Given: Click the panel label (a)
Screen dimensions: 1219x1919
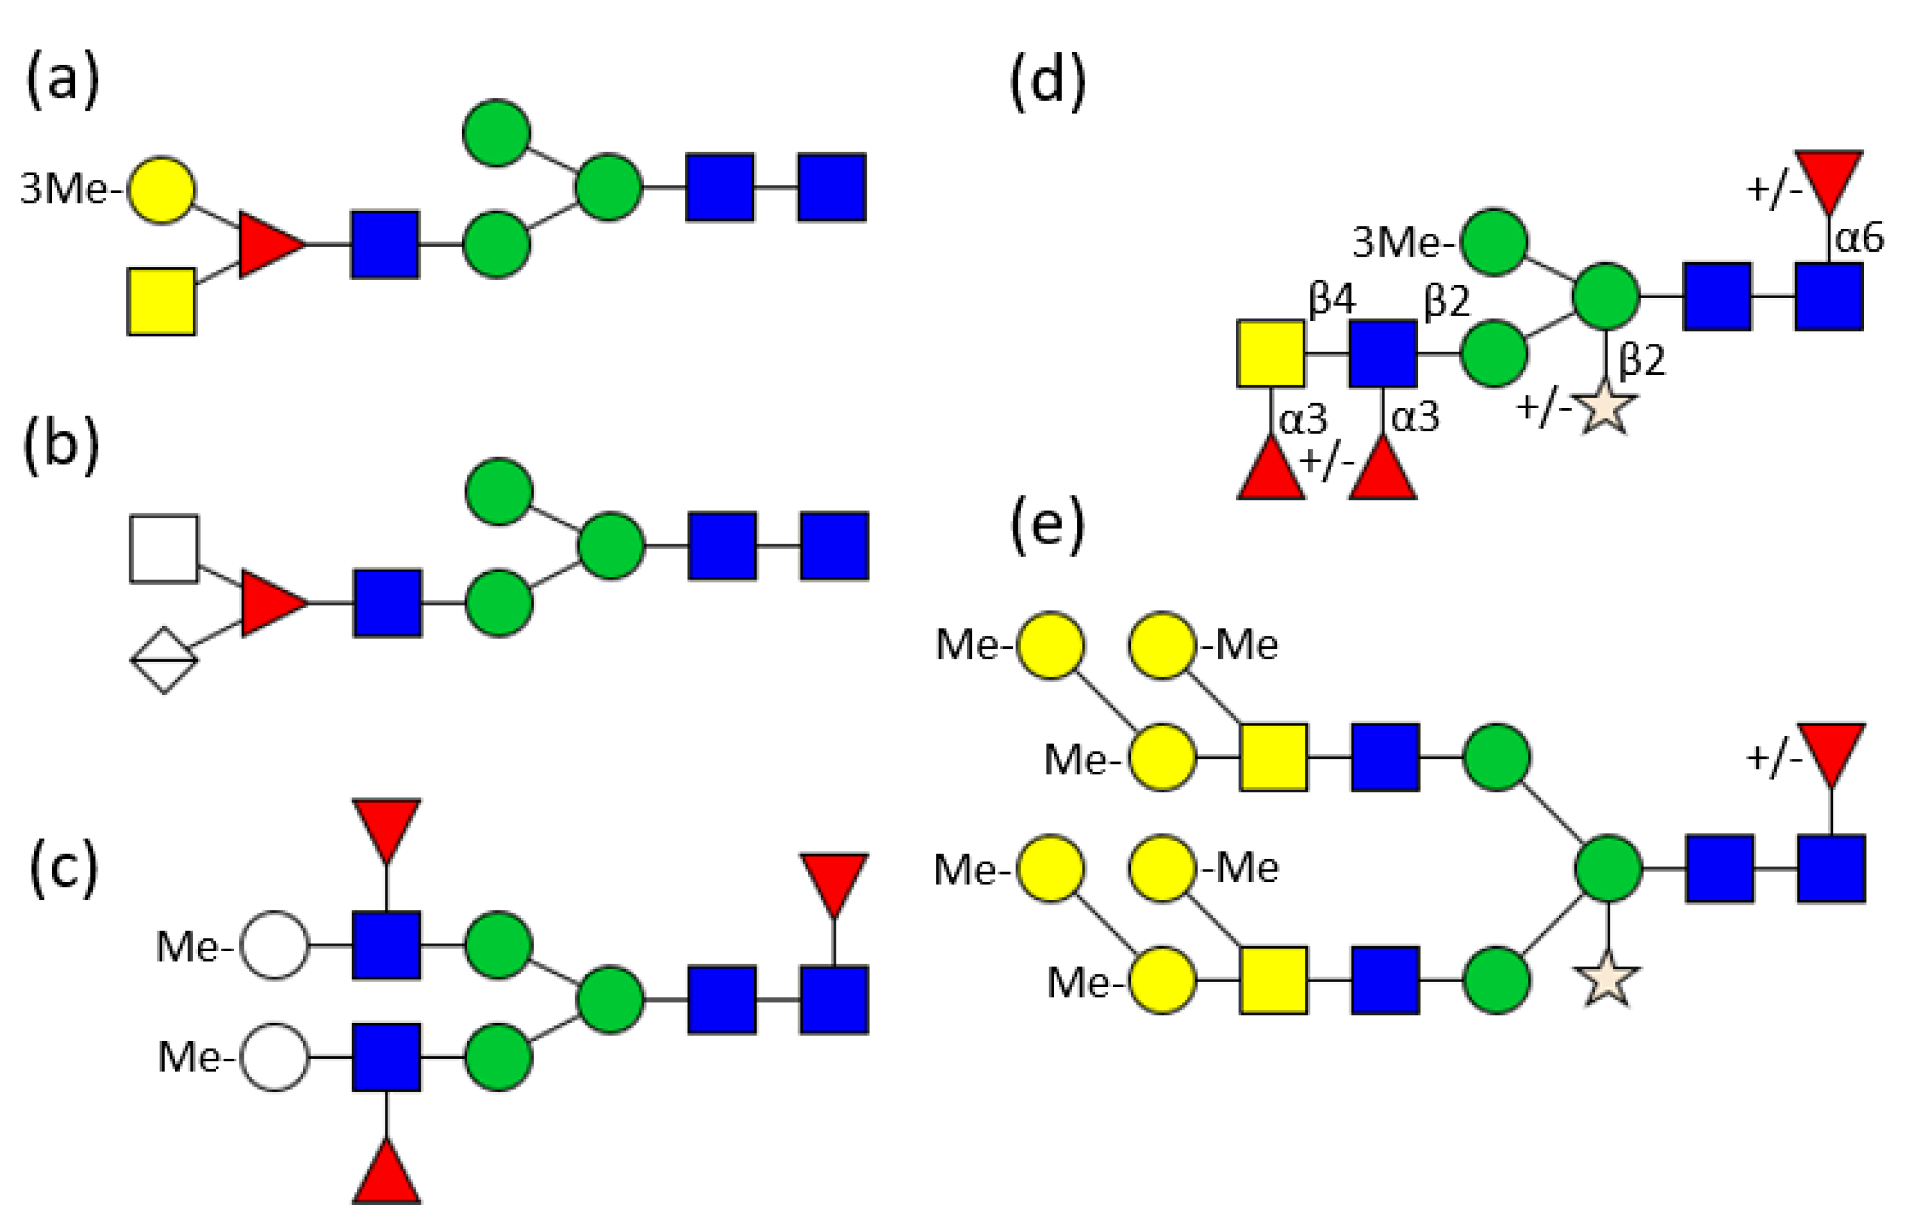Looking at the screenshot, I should click(x=62, y=80).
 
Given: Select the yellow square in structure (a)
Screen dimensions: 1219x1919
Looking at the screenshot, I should click(x=162, y=301).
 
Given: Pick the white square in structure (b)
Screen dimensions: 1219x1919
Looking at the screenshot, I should click(x=164, y=549).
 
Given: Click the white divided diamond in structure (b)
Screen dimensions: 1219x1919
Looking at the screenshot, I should click(x=164, y=661).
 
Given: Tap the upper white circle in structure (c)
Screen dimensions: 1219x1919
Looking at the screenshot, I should click(x=275, y=945).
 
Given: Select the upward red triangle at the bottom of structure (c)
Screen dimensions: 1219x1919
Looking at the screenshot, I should click(x=387, y=1174).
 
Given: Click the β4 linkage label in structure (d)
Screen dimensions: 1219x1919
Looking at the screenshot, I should click(x=1332, y=299).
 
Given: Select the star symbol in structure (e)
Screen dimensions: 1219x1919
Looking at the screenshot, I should click(x=1607, y=979).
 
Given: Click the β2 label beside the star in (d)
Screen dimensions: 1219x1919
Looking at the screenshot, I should click(x=1642, y=359).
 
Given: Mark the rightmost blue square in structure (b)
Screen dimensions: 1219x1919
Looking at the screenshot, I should click(x=835, y=545).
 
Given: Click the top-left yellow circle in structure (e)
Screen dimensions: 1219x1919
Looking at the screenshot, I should click(x=1050, y=644).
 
